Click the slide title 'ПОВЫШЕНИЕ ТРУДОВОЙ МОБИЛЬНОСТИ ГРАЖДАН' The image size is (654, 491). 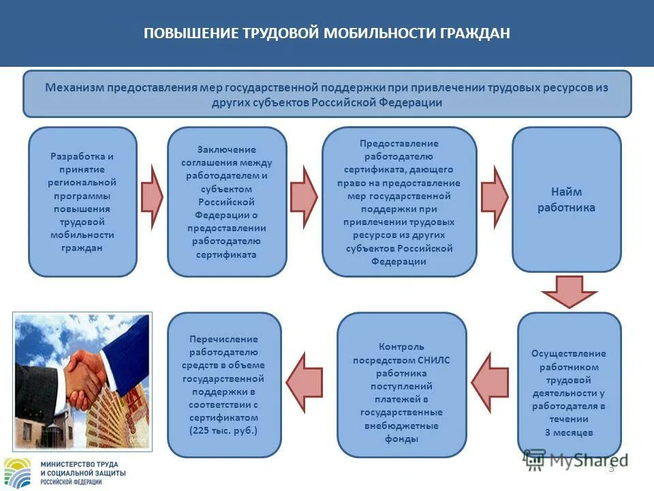(326, 33)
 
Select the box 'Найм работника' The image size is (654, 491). (566, 200)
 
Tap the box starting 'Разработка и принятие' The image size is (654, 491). (82, 202)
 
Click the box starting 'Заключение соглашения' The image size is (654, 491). (227, 202)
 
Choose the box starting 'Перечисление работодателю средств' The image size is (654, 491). (224, 385)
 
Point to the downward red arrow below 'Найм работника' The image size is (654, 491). (569, 291)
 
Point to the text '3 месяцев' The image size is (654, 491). (569, 432)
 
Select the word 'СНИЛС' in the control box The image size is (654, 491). (433, 360)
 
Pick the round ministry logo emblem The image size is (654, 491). (18, 473)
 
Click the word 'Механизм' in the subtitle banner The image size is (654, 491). (71, 88)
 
